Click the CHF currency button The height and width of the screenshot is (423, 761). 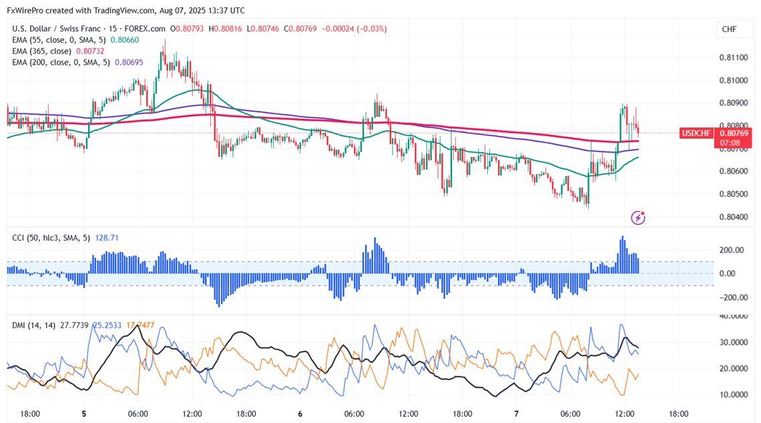pyautogui.click(x=729, y=29)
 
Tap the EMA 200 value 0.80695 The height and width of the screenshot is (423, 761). pyautogui.click(x=129, y=62)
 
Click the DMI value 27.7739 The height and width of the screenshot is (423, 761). pyautogui.click(x=73, y=325)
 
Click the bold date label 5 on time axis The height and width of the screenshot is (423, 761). pyautogui.click(x=84, y=414)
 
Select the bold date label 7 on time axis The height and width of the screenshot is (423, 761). pyautogui.click(x=516, y=414)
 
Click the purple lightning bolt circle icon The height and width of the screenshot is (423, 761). pyautogui.click(x=638, y=218)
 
